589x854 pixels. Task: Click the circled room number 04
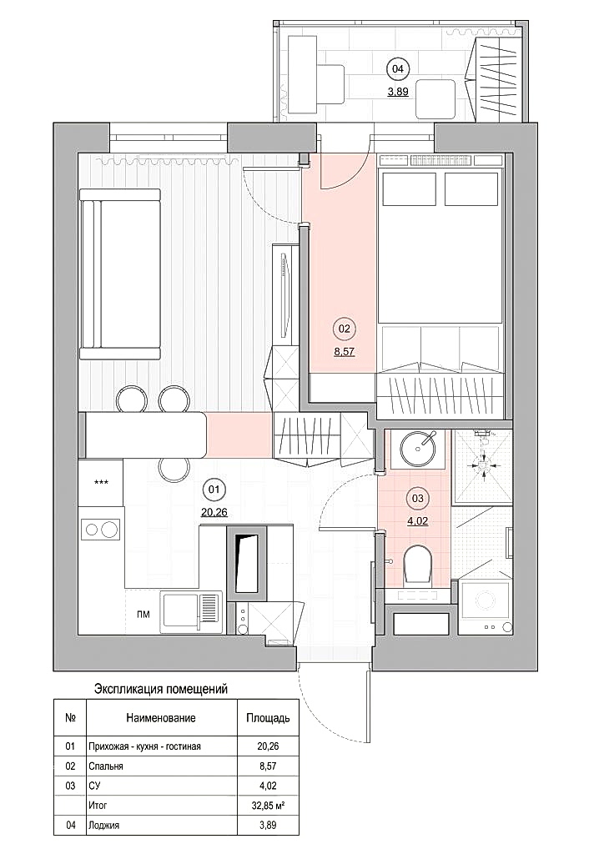pos(398,68)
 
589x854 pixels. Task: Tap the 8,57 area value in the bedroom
pos(345,352)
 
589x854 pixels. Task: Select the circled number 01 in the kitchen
pos(214,489)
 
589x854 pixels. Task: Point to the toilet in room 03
pos(419,565)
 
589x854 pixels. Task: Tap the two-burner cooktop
pos(100,530)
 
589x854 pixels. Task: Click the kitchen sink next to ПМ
pos(191,612)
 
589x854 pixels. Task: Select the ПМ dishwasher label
pos(143,615)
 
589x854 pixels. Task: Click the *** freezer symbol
pos(101,483)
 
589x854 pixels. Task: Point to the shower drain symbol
pos(484,465)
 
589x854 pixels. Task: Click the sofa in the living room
pos(120,274)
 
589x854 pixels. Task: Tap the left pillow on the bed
pos(410,189)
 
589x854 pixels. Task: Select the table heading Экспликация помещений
pos(161,689)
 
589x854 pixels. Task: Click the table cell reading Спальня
pos(106,766)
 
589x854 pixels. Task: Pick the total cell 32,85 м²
pos(268,805)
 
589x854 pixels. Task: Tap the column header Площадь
pos(268,718)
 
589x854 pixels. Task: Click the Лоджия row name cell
pos(103,825)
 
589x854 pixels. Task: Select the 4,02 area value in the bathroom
pos(418,520)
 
